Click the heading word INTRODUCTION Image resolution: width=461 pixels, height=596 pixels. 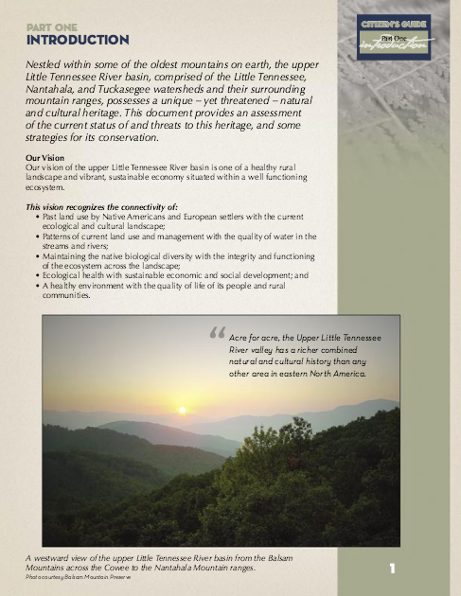pos(78,40)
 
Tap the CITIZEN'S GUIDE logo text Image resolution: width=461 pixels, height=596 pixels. pos(393,24)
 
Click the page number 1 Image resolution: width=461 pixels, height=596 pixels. pos(391,570)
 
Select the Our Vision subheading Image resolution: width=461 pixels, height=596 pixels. pos(45,156)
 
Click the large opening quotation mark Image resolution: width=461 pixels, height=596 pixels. pos(216,336)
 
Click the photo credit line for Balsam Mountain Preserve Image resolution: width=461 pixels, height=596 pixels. pos(80,577)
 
